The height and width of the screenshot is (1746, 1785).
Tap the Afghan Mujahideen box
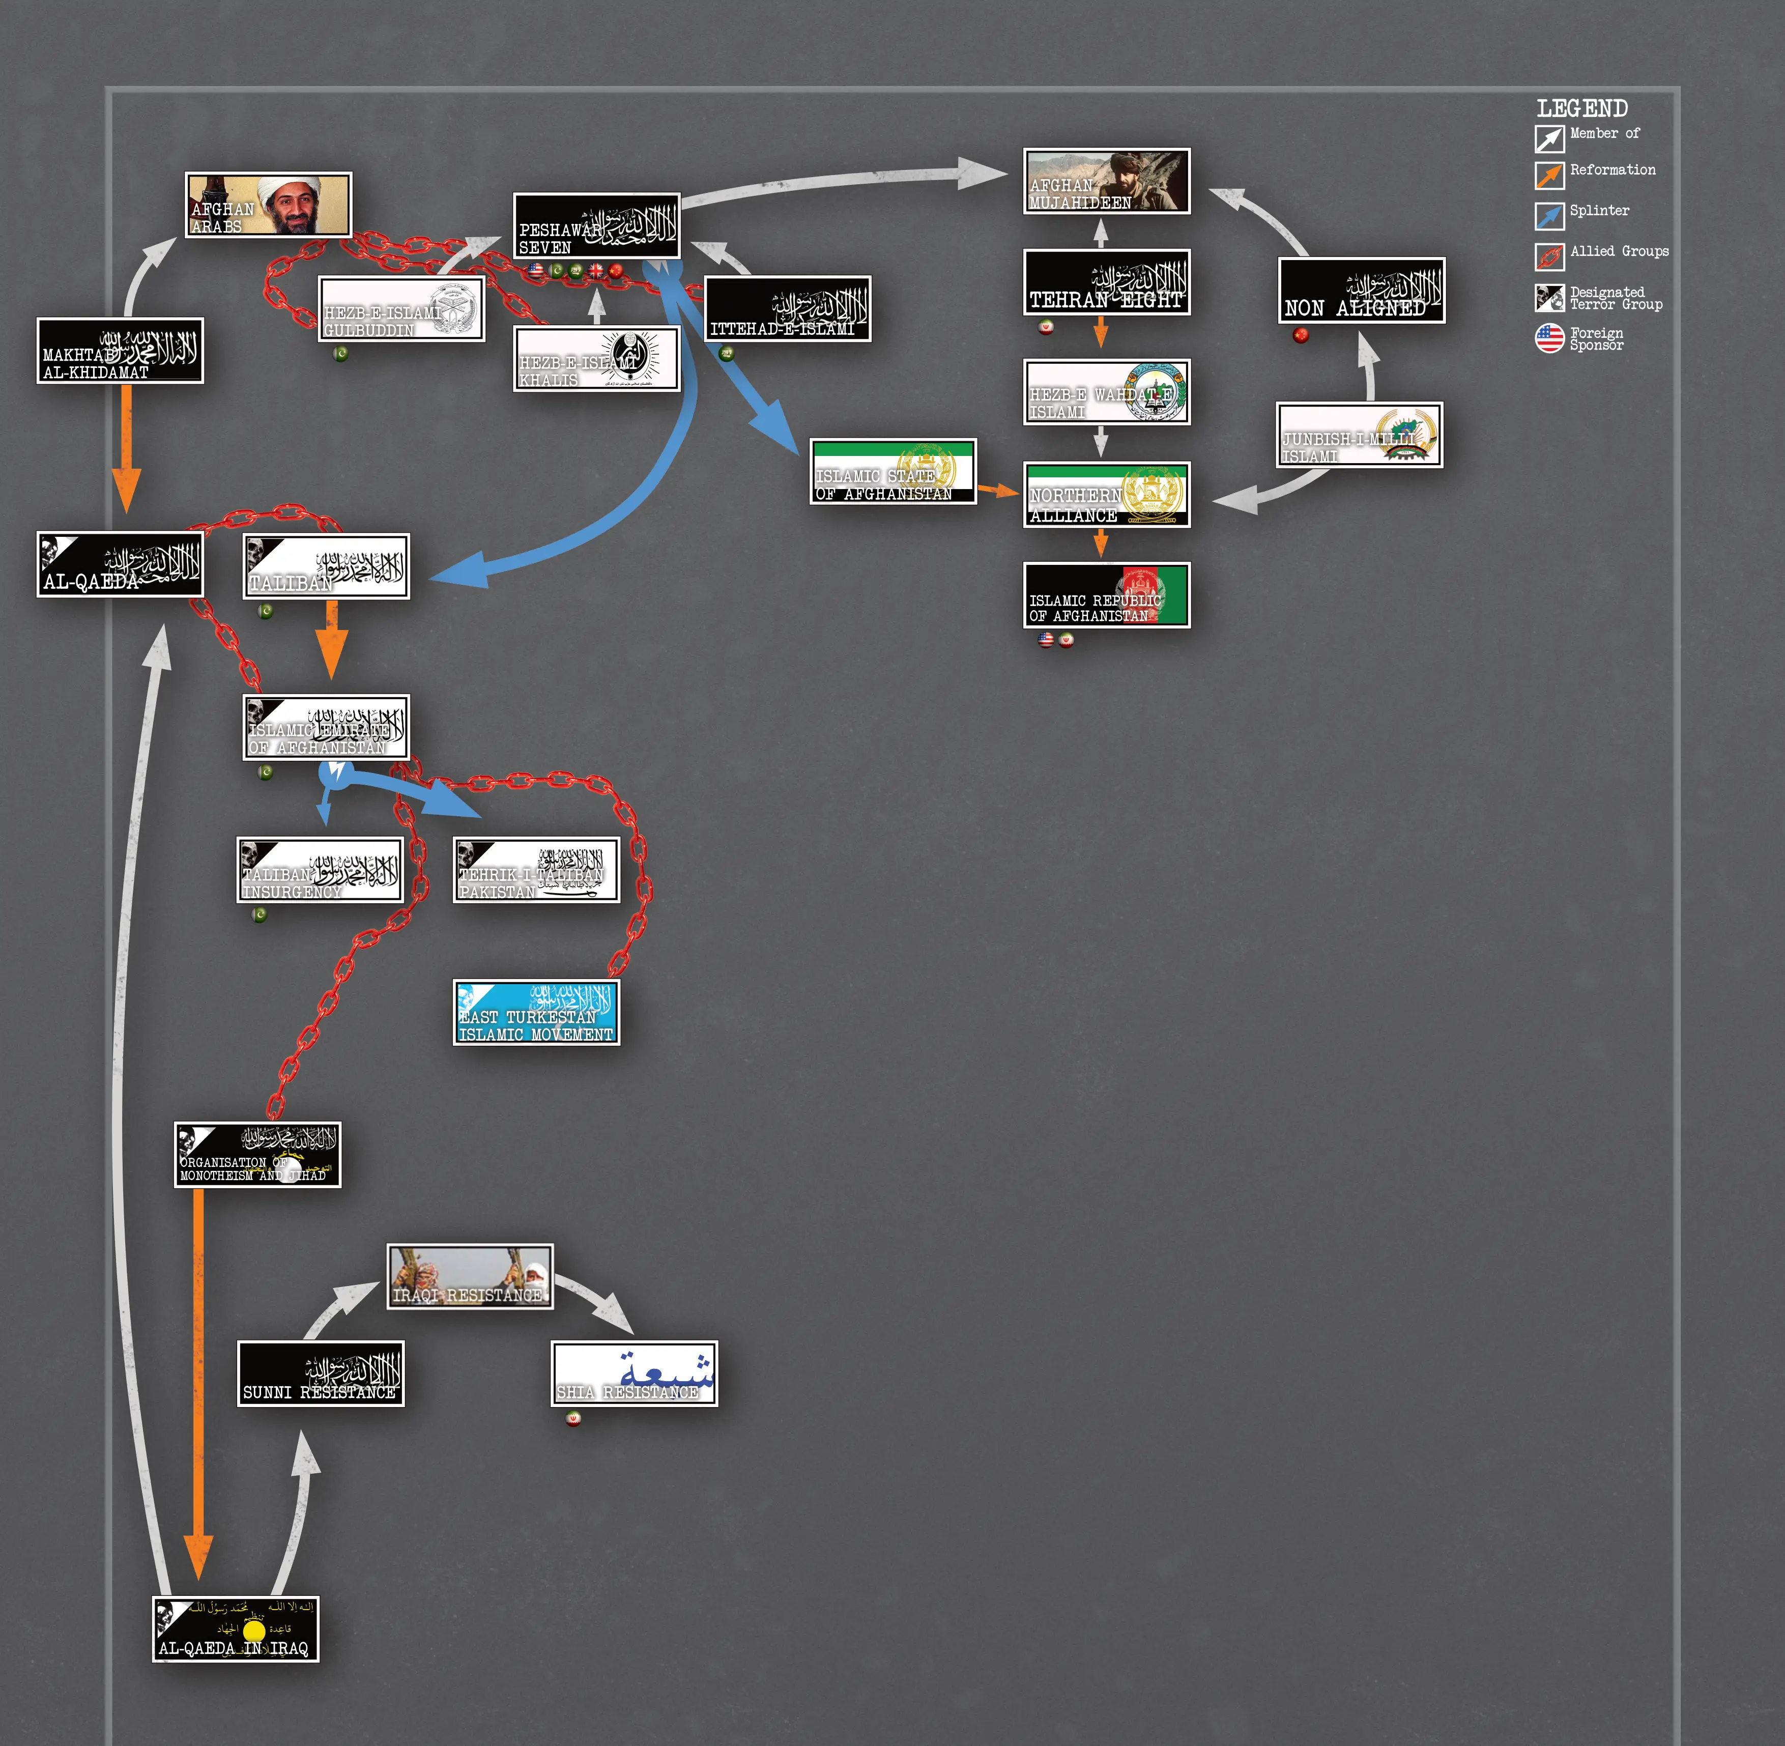1107,182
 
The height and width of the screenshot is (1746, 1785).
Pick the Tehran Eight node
1107,282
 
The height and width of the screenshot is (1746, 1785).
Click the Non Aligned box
1362,291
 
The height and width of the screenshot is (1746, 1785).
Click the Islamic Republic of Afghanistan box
1107,595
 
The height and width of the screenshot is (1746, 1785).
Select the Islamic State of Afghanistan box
893,471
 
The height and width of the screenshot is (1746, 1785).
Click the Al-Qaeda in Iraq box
236,1628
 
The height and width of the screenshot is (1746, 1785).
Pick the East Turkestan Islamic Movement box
536,1012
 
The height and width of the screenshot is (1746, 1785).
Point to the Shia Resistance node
635,1373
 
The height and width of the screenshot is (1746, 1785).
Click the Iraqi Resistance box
470,1276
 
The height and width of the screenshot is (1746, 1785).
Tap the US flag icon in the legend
1549,338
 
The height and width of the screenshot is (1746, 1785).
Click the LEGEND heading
1582,109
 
